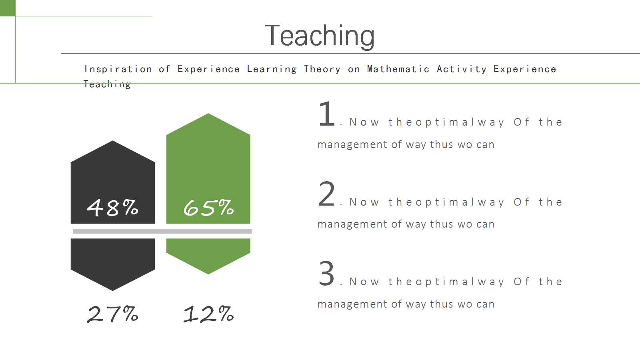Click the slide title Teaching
click(x=320, y=36)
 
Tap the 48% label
click(x=112, y=208)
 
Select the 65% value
click(x=208, y=208)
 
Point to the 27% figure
click(x=112, y=314)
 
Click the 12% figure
click(x=208, y=314)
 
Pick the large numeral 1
click(x=326, y=114)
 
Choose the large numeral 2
click(x=326, y=194)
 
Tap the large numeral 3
click(x=326, y=274)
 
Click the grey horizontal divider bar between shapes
click(x=162, y=231)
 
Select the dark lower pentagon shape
click(x=112, y=262)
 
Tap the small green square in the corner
click(x=8, y=8)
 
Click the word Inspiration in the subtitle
click(x=118, y=69)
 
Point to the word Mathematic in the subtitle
click(x=398, y=69)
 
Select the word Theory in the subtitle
click(x=322, y=69)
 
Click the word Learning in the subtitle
click(x=272, y=69)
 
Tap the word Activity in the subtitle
click(x=462, y=69)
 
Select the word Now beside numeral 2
click(x=364, y=202)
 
